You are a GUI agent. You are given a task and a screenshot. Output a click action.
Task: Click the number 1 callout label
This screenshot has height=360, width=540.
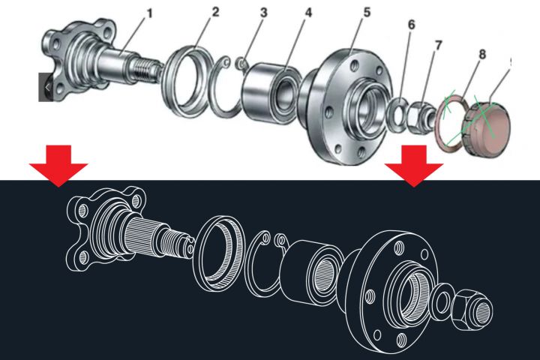(x=149, y=13)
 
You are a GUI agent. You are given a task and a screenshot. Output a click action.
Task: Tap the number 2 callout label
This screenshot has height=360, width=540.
(x=215, y=12)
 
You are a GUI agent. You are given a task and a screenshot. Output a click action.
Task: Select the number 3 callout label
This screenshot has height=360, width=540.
(x=264, y=13)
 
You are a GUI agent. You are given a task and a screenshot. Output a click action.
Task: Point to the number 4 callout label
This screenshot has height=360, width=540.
(x=308, y=13)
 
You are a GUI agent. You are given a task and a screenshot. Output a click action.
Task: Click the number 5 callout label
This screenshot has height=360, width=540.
(x=367, y=12)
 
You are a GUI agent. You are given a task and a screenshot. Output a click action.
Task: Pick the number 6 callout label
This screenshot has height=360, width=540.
(x=411, y=25)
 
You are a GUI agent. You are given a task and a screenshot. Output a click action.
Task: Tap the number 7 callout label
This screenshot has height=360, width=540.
(x=438, y=46)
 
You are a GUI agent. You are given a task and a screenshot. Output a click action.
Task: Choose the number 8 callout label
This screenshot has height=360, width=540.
(x=482, y=54)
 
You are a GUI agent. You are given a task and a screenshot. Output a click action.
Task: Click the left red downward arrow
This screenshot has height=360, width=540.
(x=58, y=166)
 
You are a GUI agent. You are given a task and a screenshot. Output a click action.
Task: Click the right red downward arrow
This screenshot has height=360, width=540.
(x=414, y=166)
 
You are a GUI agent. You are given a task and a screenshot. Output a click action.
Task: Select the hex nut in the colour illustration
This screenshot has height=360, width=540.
(x=421, y=116)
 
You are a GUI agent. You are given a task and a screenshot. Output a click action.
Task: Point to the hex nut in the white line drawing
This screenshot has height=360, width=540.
(x=471, y=309)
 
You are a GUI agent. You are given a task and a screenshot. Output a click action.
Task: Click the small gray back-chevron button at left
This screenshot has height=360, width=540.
(x=46, y=87)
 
